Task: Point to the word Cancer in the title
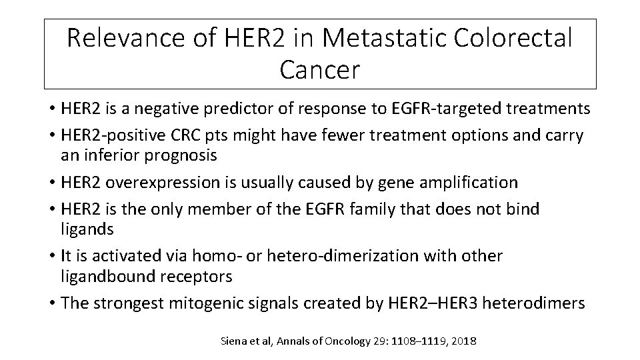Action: pos(320,70)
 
